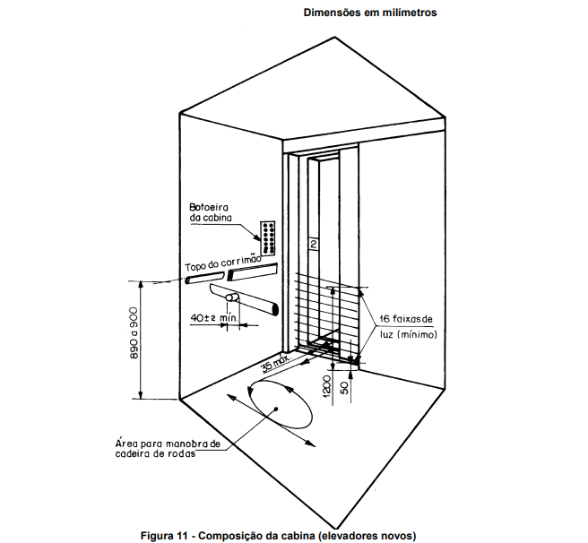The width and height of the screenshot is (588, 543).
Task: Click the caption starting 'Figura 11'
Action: point(279,535)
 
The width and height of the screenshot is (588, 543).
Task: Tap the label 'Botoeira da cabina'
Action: point(212,212)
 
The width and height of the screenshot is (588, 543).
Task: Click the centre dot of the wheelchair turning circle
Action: point(278,408)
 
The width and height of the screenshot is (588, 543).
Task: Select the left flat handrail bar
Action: point(204,278)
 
